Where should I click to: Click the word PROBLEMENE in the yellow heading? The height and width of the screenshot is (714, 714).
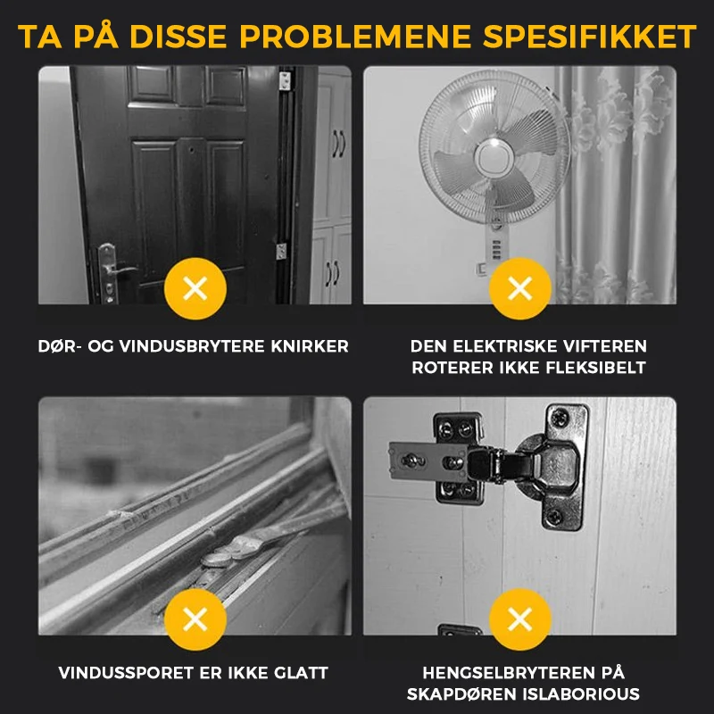click(355, 36)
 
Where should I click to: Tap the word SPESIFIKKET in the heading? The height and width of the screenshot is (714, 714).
click(590, 36)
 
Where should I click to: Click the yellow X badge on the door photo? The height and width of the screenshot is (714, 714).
click(195, 288)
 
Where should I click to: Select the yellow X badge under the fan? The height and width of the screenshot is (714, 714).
click(520, 288)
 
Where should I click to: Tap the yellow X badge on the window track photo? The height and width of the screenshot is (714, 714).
click(195, 619)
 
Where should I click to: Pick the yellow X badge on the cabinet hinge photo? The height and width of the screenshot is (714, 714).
click(520, 619)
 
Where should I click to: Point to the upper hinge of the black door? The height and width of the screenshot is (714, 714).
click(286, 80)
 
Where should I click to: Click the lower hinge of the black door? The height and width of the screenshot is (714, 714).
click(282, 252)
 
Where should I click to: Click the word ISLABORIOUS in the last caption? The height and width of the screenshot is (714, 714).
click(581, 694)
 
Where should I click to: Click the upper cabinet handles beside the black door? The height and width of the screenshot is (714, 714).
click(338, 144)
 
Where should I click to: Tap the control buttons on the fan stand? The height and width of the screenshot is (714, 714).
click(497, 250)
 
